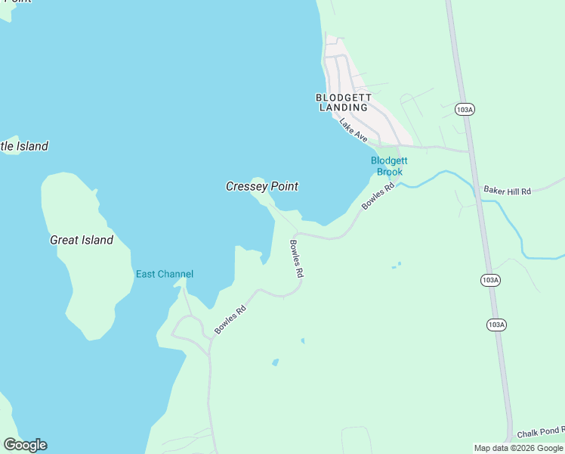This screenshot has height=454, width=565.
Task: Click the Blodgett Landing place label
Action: (x=343, y=102)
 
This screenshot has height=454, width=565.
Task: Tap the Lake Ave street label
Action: (x=353, y=130)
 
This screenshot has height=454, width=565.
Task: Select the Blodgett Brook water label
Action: (x=389, y=166)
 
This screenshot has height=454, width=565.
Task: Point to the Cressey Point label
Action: (x=262, y=186)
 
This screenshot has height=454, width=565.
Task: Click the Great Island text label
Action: (x=82, y=240)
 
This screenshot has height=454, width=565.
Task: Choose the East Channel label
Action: (x=164, y=274)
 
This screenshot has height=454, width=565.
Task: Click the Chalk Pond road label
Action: (x=541, y=434)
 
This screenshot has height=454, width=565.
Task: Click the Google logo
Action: (x=25, y=445)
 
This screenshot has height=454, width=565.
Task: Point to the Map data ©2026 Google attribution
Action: (x=519, y=448)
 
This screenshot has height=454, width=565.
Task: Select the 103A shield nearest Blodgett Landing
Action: (x=465, y=110)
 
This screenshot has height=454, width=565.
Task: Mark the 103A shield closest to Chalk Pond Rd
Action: (x=496, y=325)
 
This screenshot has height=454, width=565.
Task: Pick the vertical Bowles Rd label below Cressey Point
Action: (x=296, y=259)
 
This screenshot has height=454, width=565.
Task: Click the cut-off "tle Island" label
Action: (x=24, y=146)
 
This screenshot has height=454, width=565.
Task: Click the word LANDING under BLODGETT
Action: (x=343, y=107)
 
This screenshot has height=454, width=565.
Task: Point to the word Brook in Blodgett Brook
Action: (x=389, y=172)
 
